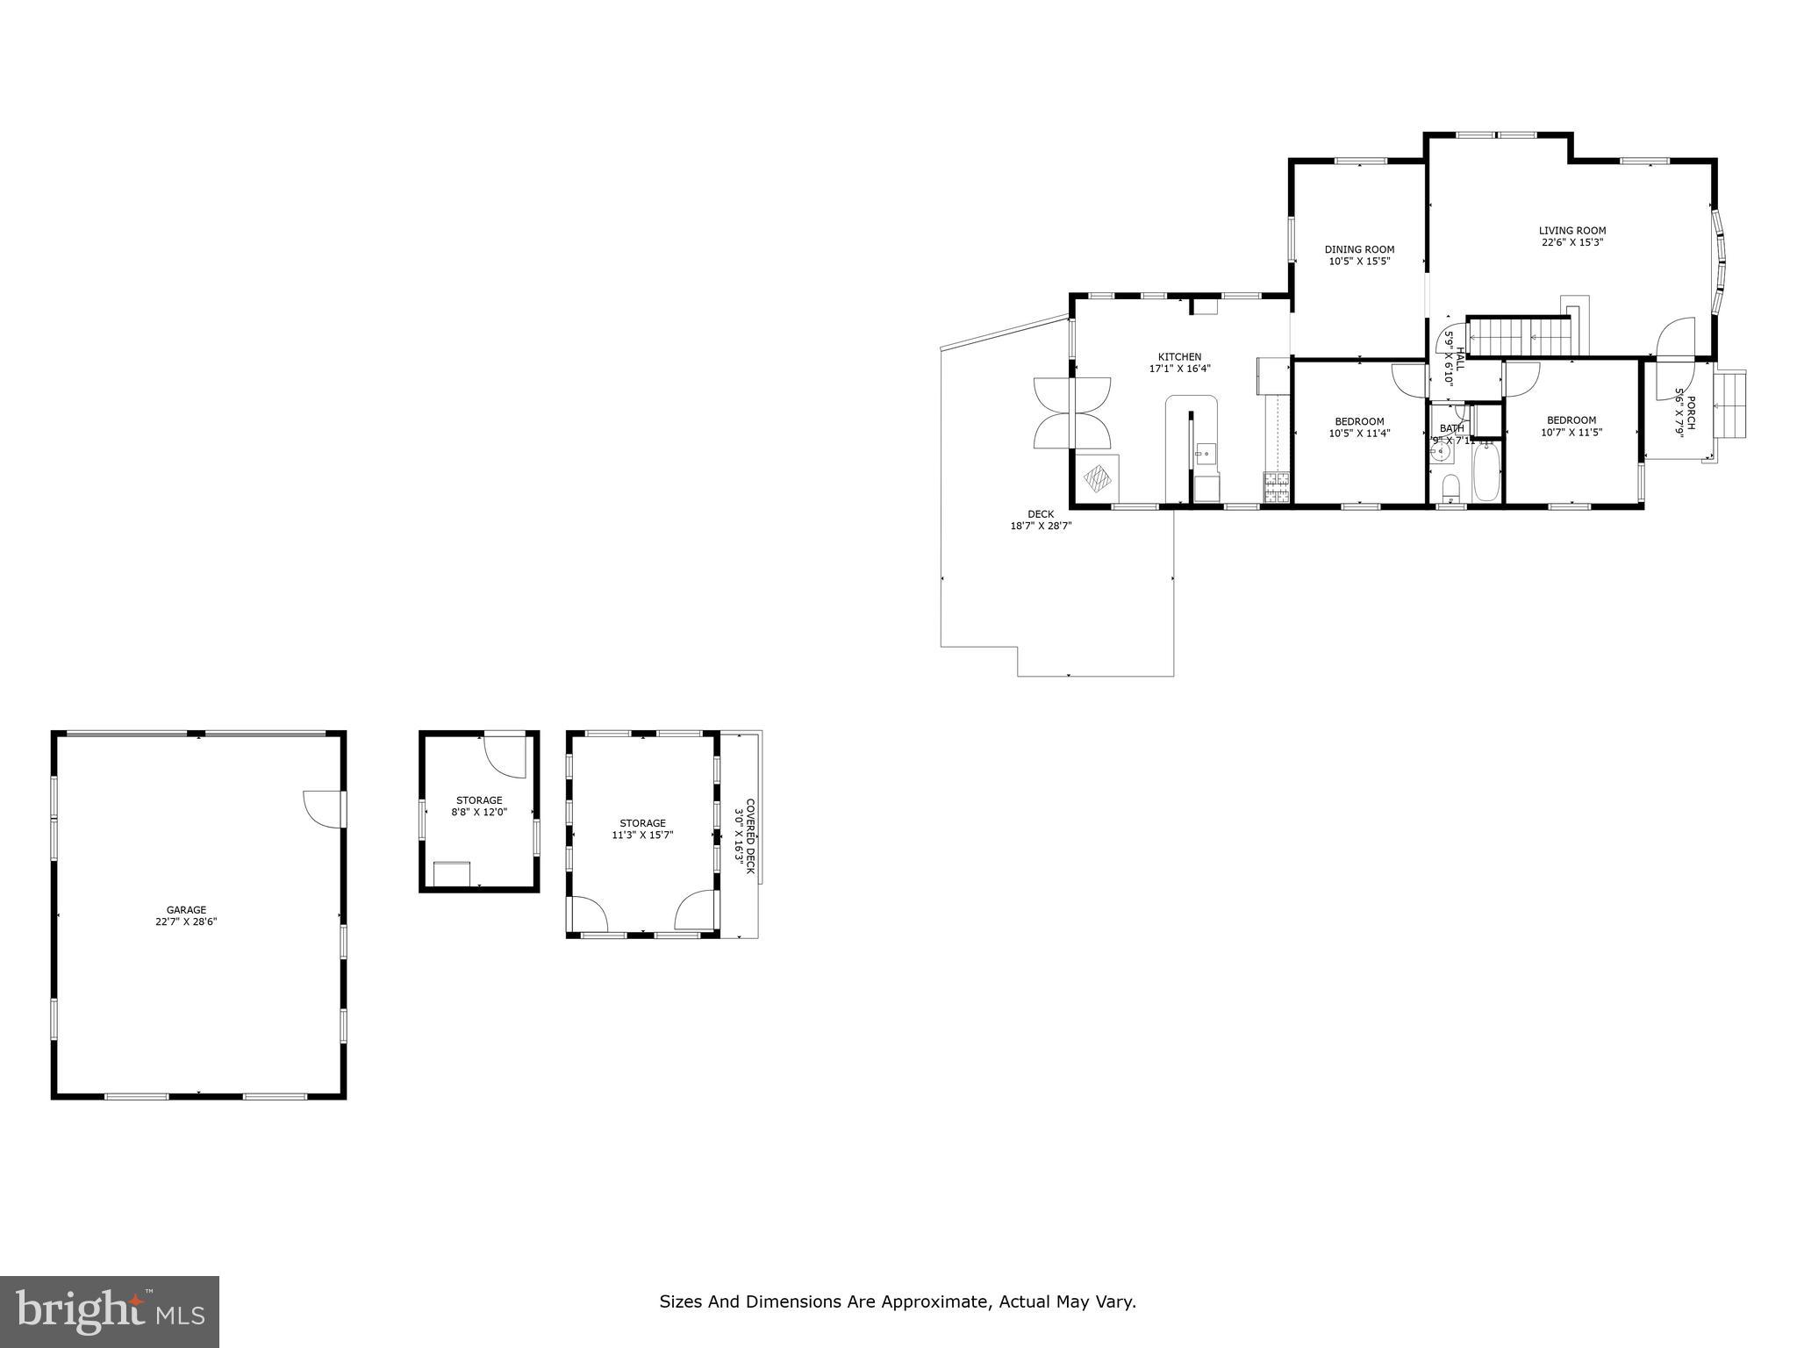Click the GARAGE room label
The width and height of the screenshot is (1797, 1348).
tap(186, 910)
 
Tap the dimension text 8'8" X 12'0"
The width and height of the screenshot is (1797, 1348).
tap(478, 812)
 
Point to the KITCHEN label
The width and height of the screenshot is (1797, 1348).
tap(1179, 357)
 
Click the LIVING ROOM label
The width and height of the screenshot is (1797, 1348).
tap(1572, 231)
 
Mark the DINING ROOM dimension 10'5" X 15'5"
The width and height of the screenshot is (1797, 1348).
tap(1359, 261)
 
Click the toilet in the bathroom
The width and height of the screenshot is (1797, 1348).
tap(1450, 486)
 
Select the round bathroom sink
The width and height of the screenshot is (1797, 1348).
tap(1440, 453)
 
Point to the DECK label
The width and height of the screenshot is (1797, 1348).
tap(1041, 514)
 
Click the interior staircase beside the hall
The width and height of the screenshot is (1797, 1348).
tap(1518, 338)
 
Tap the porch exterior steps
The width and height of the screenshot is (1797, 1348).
tap(1730, 404)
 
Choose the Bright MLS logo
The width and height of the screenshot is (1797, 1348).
tap(110, 1311)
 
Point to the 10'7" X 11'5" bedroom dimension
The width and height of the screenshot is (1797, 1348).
tap(1571, 432)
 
